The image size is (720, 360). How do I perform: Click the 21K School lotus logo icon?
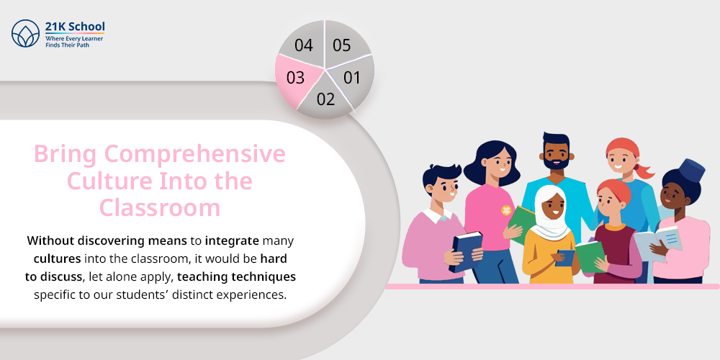(26, 34)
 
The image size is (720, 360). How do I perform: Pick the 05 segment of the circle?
(342, 45)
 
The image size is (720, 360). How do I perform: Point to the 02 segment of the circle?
(325, 97)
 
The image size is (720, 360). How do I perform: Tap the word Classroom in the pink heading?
(160, 207)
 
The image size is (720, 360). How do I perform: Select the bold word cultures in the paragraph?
(58, 258)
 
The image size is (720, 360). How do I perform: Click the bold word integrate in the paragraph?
(233, 240)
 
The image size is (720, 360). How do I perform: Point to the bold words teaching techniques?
(236, 277)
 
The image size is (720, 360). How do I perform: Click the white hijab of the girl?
(550, 216)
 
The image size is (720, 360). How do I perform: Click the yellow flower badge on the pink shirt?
(506, 210)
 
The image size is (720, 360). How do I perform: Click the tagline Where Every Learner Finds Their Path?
(74, 42)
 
